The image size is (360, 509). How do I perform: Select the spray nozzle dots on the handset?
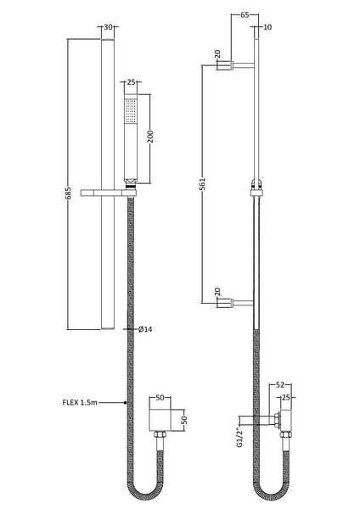click(130, 111)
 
